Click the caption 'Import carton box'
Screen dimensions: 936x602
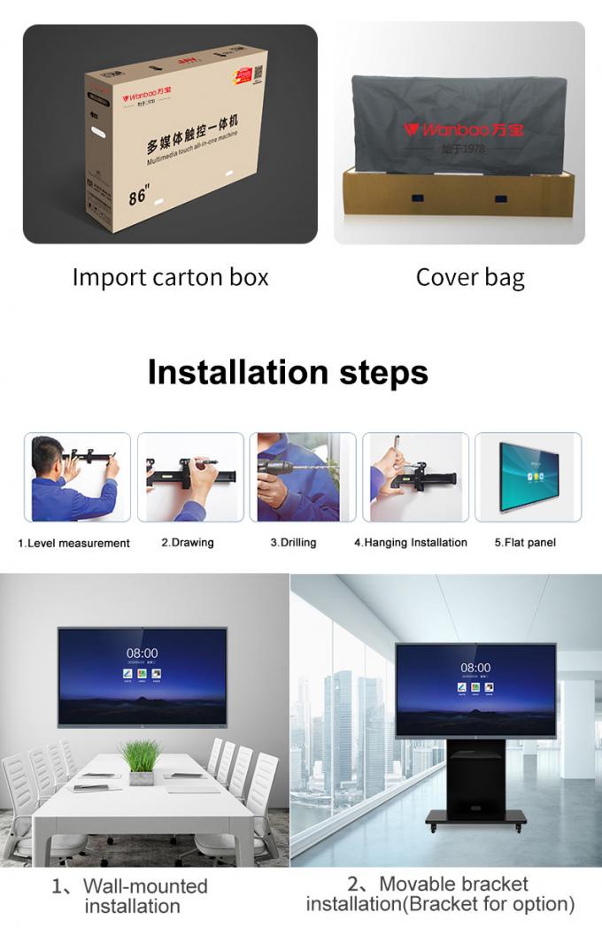click(x=170, y=277)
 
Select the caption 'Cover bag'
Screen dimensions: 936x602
click(x=470, y=277)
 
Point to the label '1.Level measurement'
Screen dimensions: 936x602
click(x=74, y=543)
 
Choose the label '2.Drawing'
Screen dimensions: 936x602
click(x=188, y=542)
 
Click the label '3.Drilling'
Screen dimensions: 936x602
click(x=293, y=542)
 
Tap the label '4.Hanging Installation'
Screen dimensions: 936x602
click(x=411, y=542)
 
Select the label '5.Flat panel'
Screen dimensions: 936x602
click(x=525, y=542)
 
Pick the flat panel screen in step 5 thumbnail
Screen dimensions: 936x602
click(x=529, y=477)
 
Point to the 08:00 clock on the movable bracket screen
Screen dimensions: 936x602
click(x=475, y=668)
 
